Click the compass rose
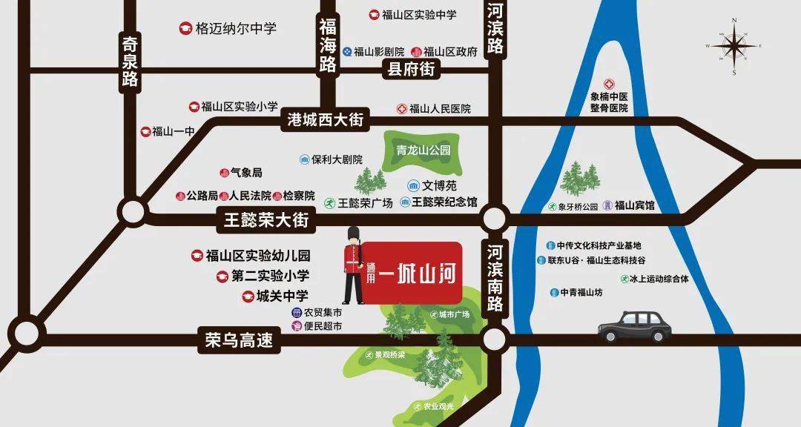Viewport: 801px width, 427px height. pyautogui.click(x=734, y=46)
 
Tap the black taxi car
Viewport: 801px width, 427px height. pyautogui.click(x=636, y=327)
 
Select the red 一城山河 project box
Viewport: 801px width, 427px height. pyautogui.click(x=412, y=273)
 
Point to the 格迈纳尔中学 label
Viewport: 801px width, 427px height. pyautogui.click(x=235, y=29)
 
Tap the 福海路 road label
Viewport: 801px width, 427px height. pyautogui.click(x=328, y=46)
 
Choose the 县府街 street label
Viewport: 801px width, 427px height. pyautogui.click(x=410, y=70)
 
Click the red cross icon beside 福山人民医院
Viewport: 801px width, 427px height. pyautogui.click(x=401, y=109)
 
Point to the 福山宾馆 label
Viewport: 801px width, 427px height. pyautogui.click(x=635, y=205)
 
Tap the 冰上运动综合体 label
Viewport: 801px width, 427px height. pyautogui.click(x=659, y=279)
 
